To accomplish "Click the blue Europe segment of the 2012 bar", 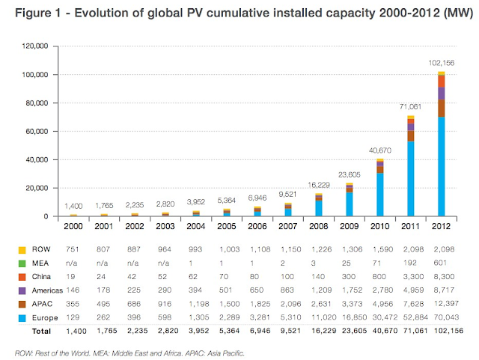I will pos(442,168).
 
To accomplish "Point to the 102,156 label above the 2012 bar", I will pos(440,63).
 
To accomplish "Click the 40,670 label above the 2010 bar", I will pos(379,150).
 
